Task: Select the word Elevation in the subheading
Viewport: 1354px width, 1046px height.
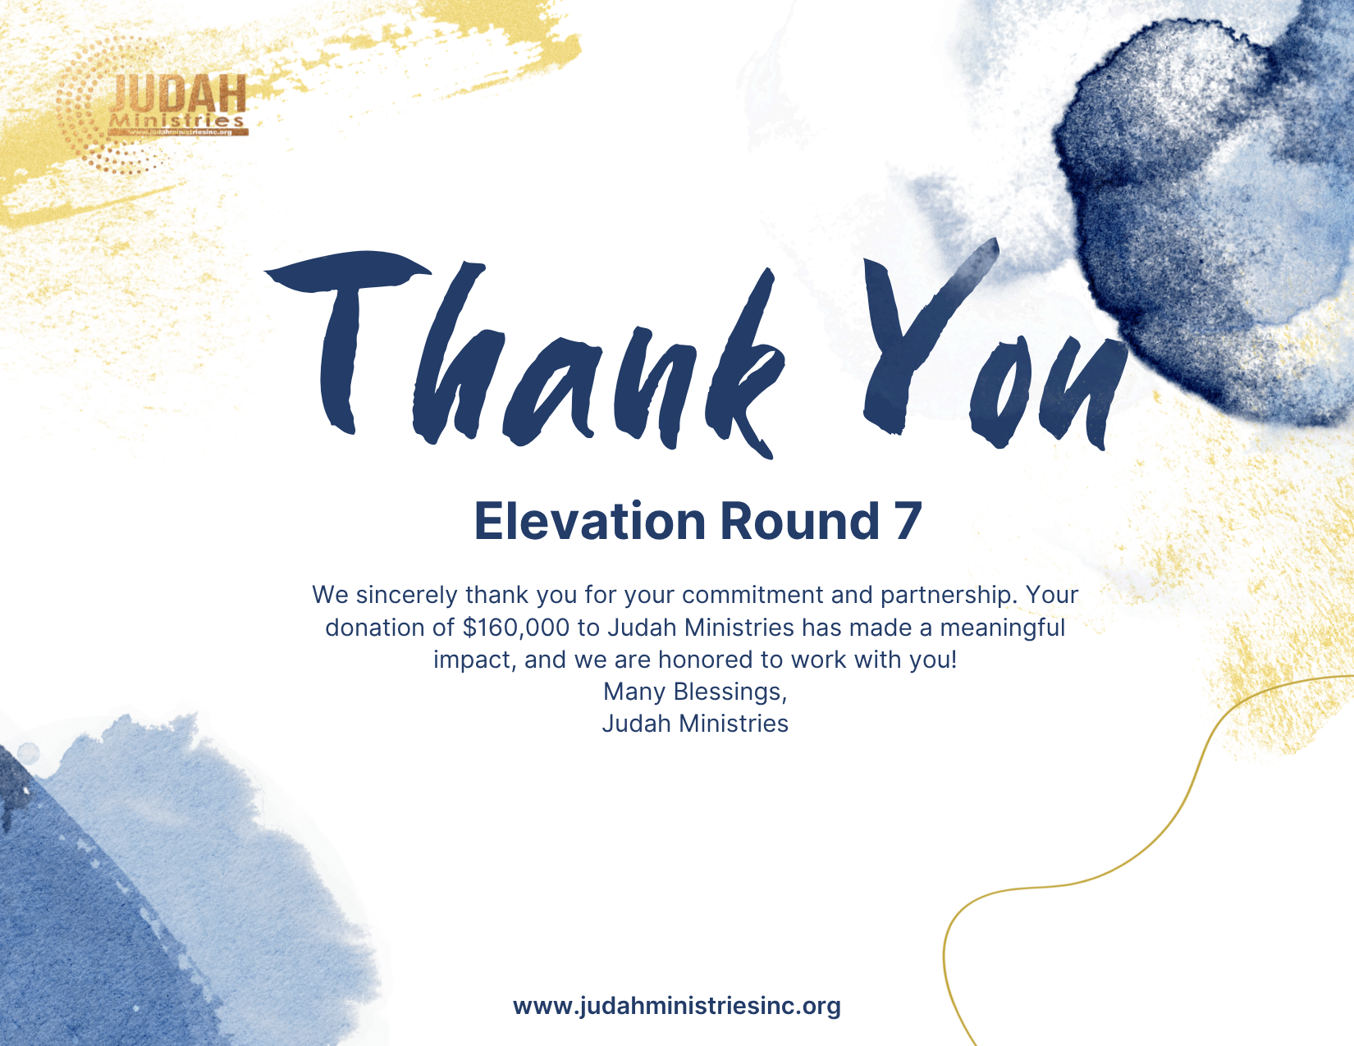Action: [589, 522]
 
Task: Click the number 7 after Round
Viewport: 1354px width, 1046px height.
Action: [908, 522]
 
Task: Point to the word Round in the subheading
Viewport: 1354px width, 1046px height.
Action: [800, 522]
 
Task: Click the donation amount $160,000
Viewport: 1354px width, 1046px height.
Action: [516, 628]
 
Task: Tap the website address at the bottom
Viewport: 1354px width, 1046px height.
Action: [677, 1006]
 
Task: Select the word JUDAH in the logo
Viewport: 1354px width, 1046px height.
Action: [179, 94]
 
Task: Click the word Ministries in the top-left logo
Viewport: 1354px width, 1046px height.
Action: [176, 121]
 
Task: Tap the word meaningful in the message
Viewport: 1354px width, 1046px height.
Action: [1003, 628]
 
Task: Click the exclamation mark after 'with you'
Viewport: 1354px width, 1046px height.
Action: [954, 660]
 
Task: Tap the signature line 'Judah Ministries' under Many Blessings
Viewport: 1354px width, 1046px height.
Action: [695, 724]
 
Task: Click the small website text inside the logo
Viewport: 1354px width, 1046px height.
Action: [181, 132]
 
